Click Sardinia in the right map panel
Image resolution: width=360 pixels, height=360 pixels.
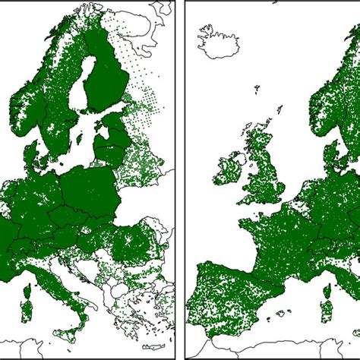(x=327, y=311)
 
